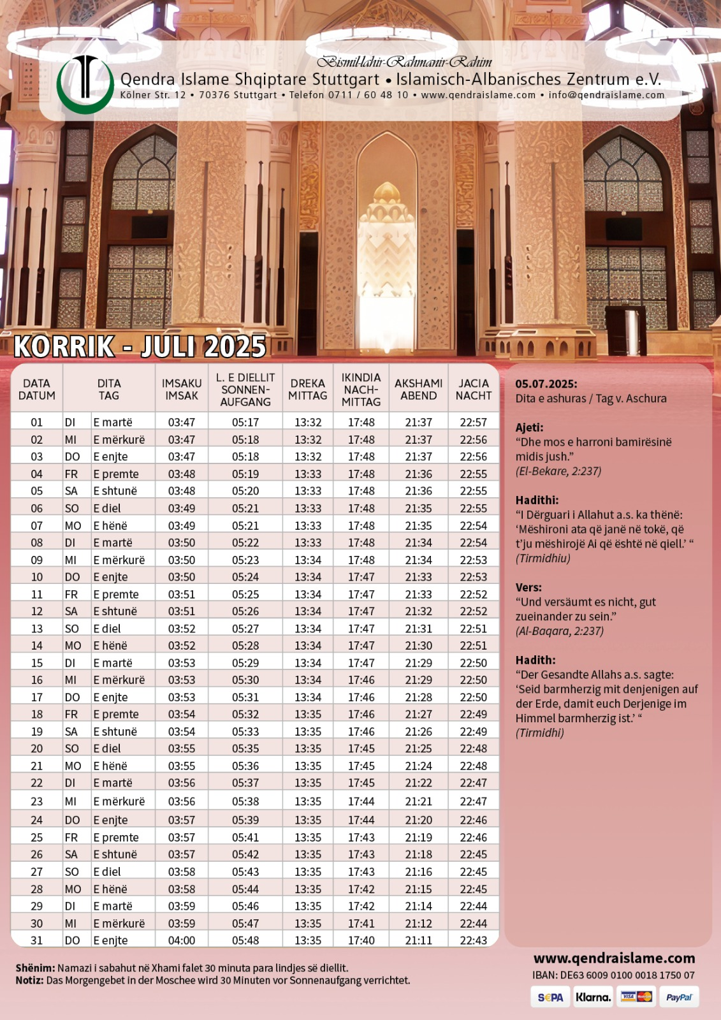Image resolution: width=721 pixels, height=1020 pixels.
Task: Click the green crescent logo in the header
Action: [x=85, y=85]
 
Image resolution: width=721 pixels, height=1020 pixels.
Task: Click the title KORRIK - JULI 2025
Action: [x=140, y=346]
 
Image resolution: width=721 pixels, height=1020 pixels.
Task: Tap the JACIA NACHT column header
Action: [x=473, y=389]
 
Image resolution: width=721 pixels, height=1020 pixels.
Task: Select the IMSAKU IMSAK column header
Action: [x=182, y=389]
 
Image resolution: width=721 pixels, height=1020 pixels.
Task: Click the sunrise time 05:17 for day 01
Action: [x=245, y=422]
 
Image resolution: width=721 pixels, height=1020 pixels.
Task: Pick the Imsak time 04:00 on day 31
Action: [x=182, y=940]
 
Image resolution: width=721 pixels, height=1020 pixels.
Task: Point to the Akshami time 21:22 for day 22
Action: [x=418, y=783]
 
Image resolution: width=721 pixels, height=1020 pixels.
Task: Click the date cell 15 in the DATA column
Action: [x=37, y=663]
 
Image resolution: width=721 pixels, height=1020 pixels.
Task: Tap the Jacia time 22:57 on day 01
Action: [x=473, y=422]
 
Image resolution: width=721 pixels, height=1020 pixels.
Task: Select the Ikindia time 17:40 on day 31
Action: [x=361, y=940]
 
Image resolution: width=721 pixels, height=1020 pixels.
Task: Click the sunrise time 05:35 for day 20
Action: [x=245, y=748]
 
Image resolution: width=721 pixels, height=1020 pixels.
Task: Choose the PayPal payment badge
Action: [x=678, y=997]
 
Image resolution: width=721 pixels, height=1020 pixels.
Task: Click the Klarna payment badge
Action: [x=593, y=997]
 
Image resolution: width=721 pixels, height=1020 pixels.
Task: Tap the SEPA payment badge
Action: [x=550, y=997]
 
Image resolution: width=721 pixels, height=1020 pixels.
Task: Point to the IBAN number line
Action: [x=613, y=975]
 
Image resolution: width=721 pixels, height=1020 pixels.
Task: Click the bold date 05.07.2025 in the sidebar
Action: [x=546, y=384]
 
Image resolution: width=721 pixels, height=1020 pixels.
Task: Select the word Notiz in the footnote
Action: [x=29, y=980]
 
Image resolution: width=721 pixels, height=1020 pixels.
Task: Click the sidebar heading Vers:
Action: [x=528, y=587]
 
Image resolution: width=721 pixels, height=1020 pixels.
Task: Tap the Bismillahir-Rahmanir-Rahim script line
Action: [x=405, y=62]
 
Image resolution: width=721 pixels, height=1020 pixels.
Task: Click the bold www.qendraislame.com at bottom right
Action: [x=614, y=958]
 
